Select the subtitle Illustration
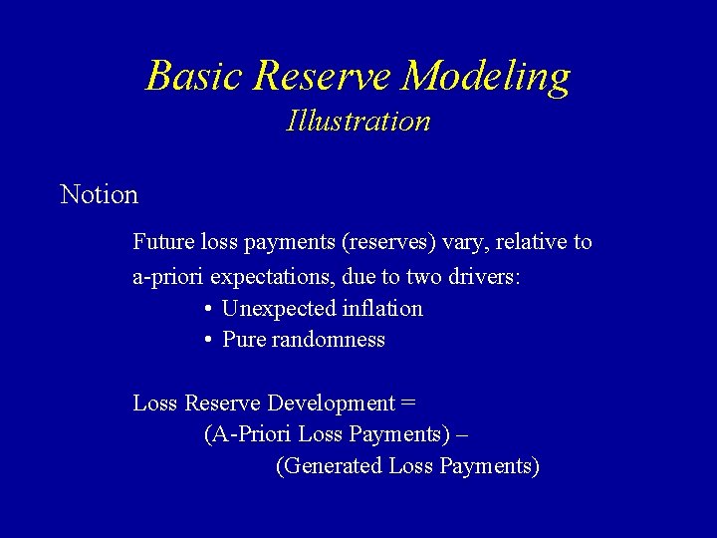pos(358,122)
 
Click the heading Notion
pos(100,194)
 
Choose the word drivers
pos(483,276)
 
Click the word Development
pos(332,403)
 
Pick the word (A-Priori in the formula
pos(248,434)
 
